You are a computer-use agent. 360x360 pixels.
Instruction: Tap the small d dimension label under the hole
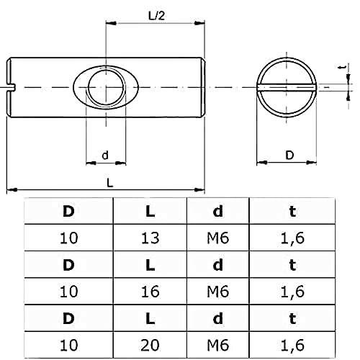pyautogui.click(x=105, y=155)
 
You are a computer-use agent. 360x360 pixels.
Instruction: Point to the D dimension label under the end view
pyautogui.click(x=289, y=155)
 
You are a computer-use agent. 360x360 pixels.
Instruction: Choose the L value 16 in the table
pyautogui.click(x=150, y=291)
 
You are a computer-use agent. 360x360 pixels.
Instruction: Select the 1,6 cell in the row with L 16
pyautogui.click(x=292, y=291)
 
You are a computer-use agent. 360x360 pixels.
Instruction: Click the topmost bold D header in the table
pyautogui.click(x=68, y=212)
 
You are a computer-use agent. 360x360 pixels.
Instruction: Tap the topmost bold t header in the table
pyautogui.click(x=292, y=212)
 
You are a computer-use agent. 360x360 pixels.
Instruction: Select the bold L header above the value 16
pyautogui.click(x=150, y=264)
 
